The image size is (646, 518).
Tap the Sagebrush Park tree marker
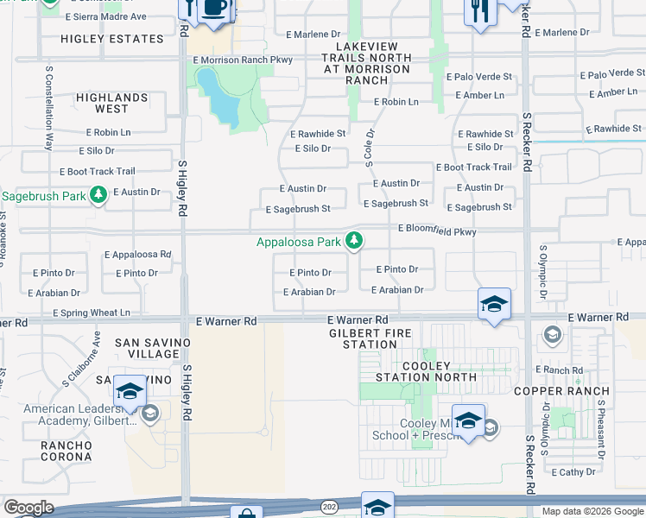pos(98,195)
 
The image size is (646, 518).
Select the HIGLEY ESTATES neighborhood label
pos(113,39)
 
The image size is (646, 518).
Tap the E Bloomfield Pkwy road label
pos(437,231)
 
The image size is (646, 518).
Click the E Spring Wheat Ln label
pos(91,313)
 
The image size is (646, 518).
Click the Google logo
pos(28,508)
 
